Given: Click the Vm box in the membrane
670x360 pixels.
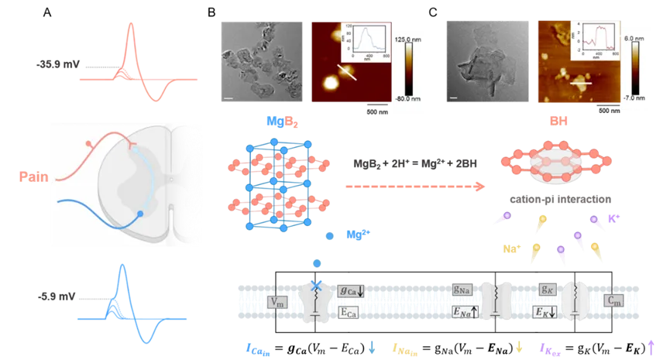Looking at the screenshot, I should (277, 302).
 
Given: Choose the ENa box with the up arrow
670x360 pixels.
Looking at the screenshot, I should (465, 313).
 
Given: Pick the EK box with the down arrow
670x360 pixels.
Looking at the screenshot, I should (548, 313).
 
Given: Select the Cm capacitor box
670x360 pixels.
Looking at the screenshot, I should (614, 302).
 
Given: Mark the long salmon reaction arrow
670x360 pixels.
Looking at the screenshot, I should (415, 186).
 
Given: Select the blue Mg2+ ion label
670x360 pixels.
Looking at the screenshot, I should (356, 235).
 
